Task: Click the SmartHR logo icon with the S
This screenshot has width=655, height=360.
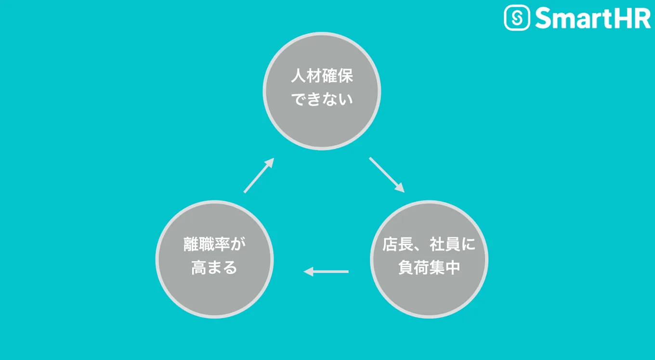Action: point(517,18)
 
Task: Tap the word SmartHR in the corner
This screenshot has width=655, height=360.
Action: point(592,18)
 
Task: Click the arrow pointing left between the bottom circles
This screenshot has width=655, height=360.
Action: point(326,272)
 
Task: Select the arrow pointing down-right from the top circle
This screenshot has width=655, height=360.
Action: point(387,175)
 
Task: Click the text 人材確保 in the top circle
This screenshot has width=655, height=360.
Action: point(322,77)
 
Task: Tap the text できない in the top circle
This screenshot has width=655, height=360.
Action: point(322,100)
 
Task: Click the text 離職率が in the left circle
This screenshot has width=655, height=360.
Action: point(214,244)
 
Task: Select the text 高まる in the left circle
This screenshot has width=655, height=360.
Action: point(214,268)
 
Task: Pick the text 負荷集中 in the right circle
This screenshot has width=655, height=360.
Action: point(429,268)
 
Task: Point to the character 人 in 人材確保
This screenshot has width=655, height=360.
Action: point(298,77)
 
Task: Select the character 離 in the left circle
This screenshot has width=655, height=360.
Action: point(191,244)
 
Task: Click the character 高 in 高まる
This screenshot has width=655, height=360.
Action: point(198,268)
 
